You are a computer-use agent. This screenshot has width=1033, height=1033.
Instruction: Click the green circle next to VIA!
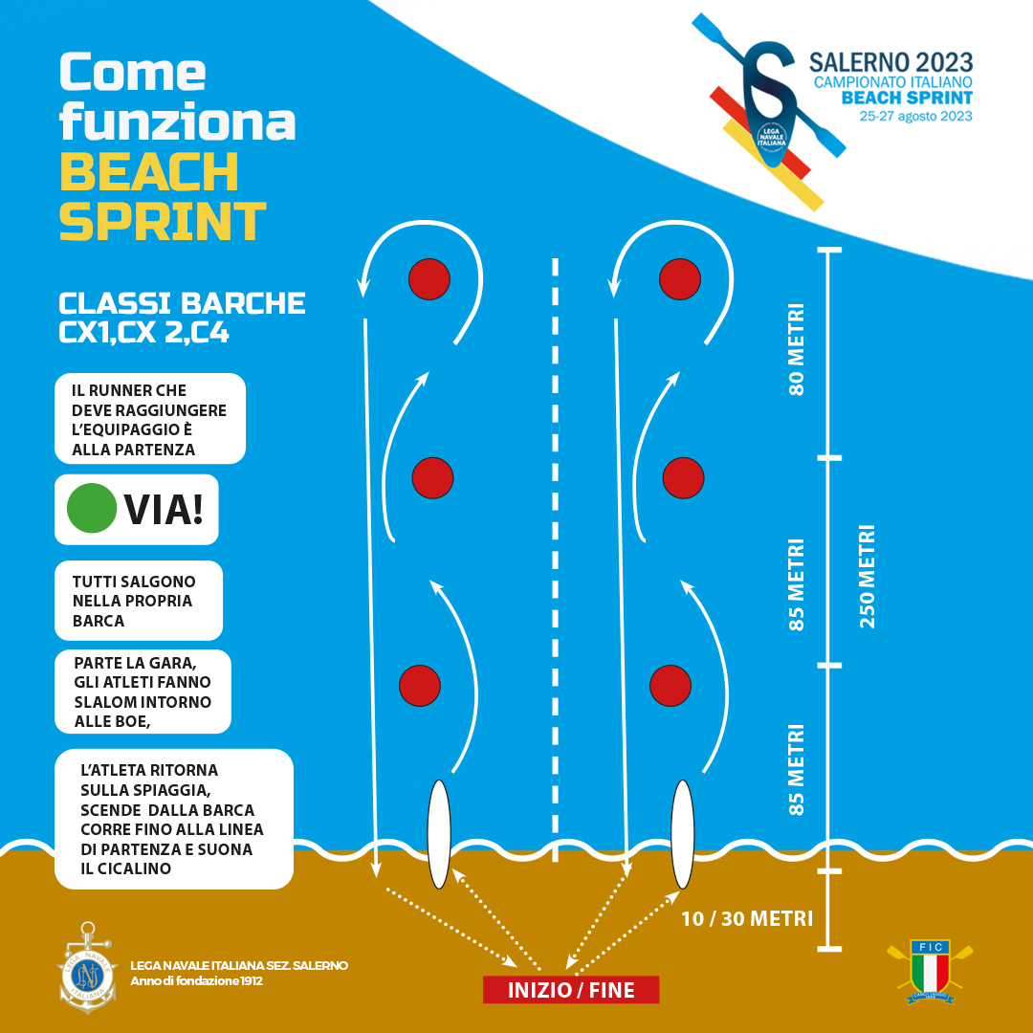pyautogui.click(x=91, y=509)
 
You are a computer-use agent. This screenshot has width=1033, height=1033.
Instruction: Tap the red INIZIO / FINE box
pyautogui.click(x=571, y=990)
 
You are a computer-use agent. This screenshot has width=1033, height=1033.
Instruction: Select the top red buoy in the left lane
pyautogui.click(x=429, y=278)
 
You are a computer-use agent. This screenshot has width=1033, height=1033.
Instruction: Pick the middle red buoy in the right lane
pyautogui.click(x=683, y=477)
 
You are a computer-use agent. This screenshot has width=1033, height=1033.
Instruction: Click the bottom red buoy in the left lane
pyautogui.click(x=419, y=685)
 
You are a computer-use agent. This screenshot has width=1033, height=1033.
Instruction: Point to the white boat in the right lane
pyautogui.click(x=682, y=834)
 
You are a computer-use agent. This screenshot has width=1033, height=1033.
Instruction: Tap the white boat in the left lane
pyautogui.click(x=438, y=834)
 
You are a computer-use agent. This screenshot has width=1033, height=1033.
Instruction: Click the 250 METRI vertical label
pyautogui.click(x=868, y=576)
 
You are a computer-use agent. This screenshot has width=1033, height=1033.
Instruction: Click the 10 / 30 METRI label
pyautogui.click(x=747, y=919)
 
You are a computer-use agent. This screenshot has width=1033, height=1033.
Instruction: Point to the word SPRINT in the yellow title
pyautogui.click(x=163, y=221)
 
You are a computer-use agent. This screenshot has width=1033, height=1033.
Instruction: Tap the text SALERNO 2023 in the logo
pyautogui.click(x=890, y=63)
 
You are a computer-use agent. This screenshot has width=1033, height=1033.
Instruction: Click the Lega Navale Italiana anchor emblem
pyautogui.click(x=88, y=968)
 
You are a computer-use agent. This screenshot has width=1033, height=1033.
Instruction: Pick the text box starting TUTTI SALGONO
pyautogui.click(x=138, y=600)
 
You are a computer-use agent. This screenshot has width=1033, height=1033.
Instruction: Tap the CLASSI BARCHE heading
pyautogui.click(x=182, y=303)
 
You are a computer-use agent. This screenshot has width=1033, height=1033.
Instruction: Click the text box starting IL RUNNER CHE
pyautogui.click(x=149, y=419)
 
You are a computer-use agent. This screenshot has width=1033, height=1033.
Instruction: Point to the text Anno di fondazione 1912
pyautogui.click(x=196, y=981)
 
